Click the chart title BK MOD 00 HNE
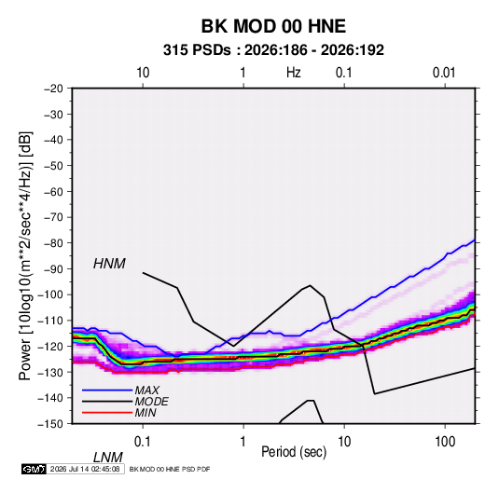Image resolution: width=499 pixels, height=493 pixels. pyautogui.click(x=273, y=26)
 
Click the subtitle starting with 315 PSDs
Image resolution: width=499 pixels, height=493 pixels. pyautogui.click(x=273, y=50)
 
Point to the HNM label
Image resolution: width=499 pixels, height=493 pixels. pyautogui.click(x=109, y=264)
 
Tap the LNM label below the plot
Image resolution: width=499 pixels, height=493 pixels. pyautogui.click(x=108, y=458)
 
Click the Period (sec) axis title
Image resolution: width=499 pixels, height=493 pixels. pyautogui.click(x=294, y=452)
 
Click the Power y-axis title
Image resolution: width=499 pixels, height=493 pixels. pyautogui.click(x=25, y=255)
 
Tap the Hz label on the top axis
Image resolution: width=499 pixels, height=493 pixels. pyautogui.click(x=294, y=73)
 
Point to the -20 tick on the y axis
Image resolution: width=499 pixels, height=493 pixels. pyautogui.click(x=54, y=89)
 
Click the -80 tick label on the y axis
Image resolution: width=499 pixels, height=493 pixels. pyautogui.click(x=54, y=243)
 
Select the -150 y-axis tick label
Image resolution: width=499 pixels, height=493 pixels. pyautogui.click(x=51, y=424)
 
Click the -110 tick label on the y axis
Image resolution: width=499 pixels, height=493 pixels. pyautogui.click(x=51, y=321)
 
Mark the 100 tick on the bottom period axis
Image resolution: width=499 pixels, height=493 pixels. pyautogui.click(x=445, y=441)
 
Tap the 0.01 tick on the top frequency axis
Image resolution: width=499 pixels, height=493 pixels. pyautogui.click(x=444, y=73)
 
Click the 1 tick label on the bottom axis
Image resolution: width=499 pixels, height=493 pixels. pyautogui.click(x=243, y=441)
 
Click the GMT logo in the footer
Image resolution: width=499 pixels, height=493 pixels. pyautogui.click(x=35, y=469)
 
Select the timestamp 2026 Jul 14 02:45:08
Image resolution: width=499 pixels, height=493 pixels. pyautogui.click(x=85, y=469)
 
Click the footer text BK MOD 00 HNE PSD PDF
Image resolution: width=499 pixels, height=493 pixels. pyautogui.click(x=170, y=469)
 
